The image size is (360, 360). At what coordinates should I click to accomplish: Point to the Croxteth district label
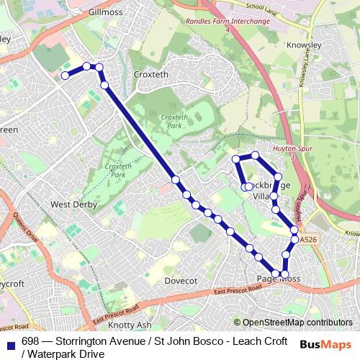click(x=150, y=73)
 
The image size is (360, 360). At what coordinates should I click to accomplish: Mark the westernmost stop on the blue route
click(x=65, y=75)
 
